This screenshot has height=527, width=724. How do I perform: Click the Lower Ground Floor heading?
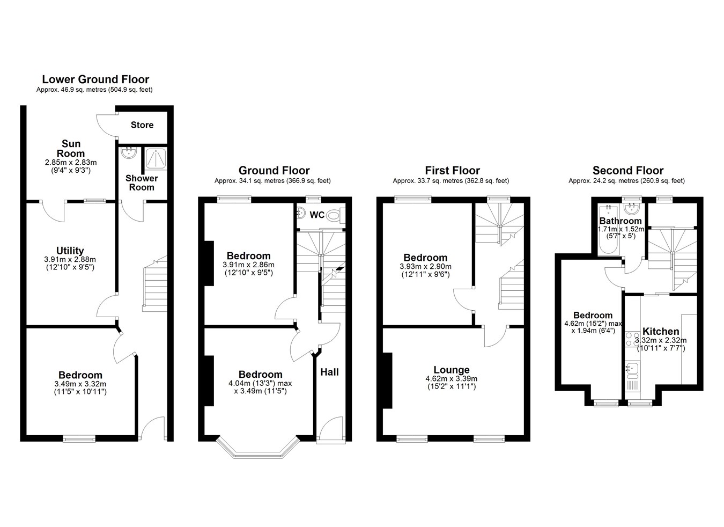[x=95, y=79]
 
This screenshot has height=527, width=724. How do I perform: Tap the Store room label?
[x=142, y=125]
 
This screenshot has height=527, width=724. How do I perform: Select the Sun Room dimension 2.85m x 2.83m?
[x=71, y=163]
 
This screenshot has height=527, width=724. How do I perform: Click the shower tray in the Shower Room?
[x=156, y=158]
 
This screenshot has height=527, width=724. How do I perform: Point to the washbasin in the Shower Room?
[x=129, y=153]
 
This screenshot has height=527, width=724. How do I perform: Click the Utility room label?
[x=70, y=251]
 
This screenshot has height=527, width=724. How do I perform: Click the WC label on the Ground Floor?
[x=317, y=215]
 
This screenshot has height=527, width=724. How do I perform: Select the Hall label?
[x=329, y=372]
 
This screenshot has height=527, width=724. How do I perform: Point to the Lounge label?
[x=451, y=370]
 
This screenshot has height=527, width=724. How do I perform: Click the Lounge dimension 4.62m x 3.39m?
[x=451, y=378]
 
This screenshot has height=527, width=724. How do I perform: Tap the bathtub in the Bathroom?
[x=609, y=230]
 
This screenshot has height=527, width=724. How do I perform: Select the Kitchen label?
[x=660, y=331]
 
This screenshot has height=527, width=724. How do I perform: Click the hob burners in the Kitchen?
[x=632, y=339]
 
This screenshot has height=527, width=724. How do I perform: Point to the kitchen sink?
[x=632, y=370]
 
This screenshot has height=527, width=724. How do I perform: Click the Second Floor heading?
[x=627, y=171]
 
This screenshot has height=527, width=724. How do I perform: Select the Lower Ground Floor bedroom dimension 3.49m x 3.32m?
[x=80, y=384]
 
